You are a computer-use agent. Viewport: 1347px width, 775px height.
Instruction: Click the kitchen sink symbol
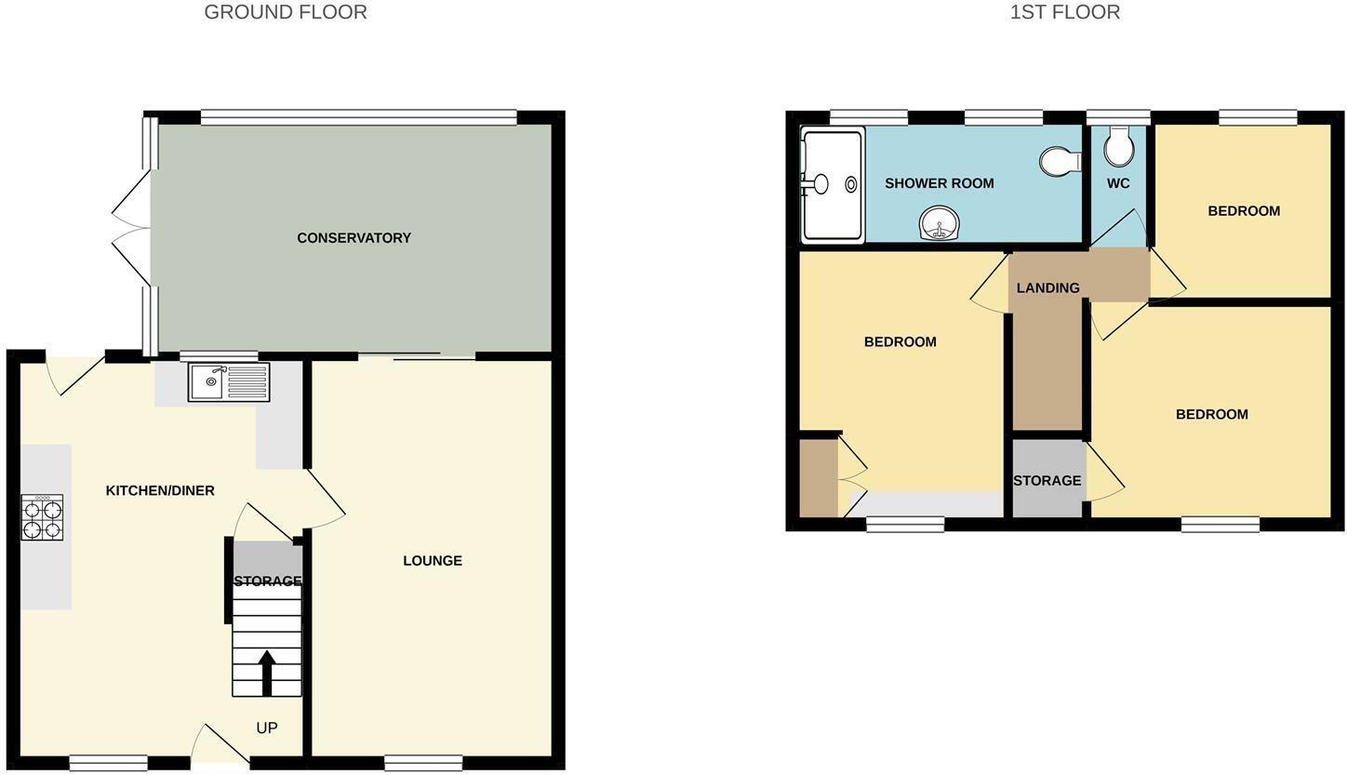tap(229, 381)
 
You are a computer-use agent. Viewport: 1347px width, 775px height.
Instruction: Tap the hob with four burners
tap(42, 517)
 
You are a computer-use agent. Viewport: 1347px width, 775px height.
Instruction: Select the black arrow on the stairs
tap(267, 672)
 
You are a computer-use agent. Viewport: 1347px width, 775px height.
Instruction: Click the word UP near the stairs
tap(267, 728)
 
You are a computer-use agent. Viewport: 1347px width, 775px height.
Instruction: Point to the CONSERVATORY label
tap(353, 238)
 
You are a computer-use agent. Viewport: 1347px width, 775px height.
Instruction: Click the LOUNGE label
tap(433, 560)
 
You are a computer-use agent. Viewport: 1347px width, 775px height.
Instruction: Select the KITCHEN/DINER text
tap(160, 490)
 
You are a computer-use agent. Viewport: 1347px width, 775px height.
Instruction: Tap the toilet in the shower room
tap(1060, 161)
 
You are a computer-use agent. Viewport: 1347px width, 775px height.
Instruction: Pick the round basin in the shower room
tap(940, 223)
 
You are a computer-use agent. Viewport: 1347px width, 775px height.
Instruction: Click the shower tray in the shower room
tap(833, 184)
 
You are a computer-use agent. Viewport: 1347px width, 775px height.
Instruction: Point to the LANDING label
tap(1047, 288)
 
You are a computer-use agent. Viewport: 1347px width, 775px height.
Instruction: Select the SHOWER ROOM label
tap(939, 183)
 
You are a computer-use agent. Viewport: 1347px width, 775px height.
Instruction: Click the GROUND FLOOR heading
tap(286, 12)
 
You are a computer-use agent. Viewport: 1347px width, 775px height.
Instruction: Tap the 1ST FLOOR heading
tap(1064, 12)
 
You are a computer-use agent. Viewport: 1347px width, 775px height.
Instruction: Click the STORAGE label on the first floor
tap(1047, 481)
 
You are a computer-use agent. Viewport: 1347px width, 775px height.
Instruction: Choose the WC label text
tap(1118, 183)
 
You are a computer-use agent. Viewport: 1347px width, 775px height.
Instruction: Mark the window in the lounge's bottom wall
tap(423, 763)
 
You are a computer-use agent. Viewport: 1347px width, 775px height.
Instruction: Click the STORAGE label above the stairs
tap(268, 581)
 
